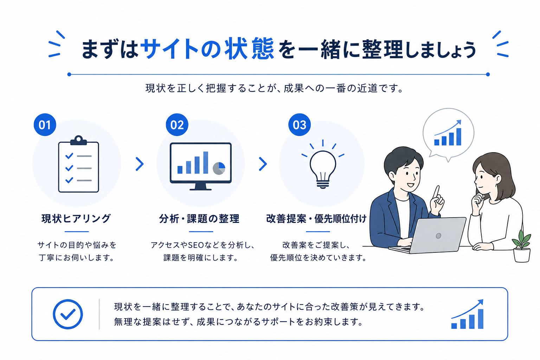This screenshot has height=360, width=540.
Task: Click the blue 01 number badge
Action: [x=45, y=125]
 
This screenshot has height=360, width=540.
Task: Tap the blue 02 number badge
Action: [x=177, y=125]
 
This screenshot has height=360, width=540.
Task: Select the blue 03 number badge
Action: [x=300, y=125]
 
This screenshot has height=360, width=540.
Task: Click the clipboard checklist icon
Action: [x=79, y=164]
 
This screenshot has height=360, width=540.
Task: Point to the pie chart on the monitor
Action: [x=219, y=168]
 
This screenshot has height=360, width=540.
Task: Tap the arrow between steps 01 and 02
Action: [x=140, y=164]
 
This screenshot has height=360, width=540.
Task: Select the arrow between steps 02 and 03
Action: [x=263, y=164]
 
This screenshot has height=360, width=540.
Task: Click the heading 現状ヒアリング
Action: [x=76, y=219]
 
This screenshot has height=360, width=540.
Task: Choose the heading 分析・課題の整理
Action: [x=199, y=219]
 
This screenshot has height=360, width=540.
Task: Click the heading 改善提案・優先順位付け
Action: [x=316, y=219]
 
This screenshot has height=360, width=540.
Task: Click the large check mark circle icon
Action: [x=68, y=314]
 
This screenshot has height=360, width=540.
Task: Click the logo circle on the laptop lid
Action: [x=438, y=236]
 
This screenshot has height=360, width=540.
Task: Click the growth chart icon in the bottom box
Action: [x=468, y=314]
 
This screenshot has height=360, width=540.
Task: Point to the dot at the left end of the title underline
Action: [x=69, y=74]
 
